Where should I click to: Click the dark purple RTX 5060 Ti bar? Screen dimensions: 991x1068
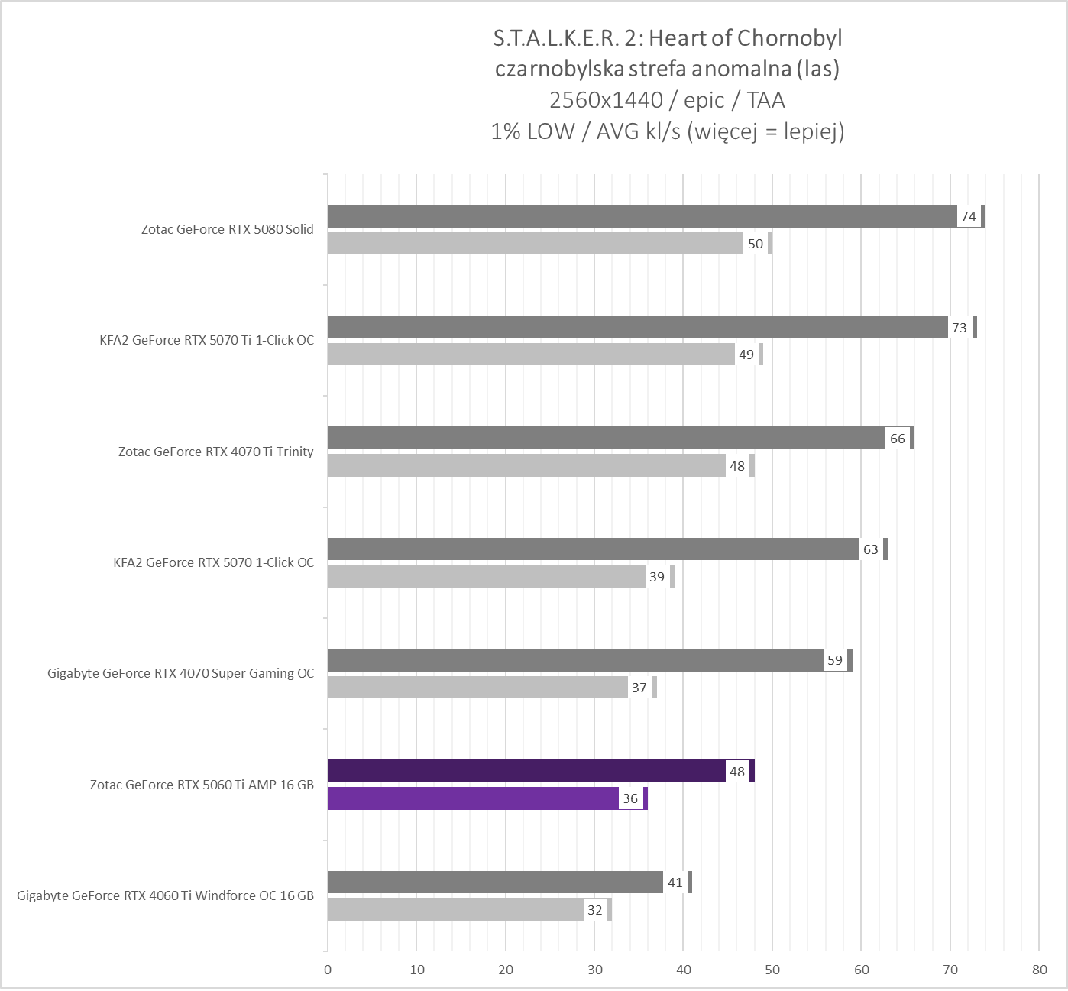(x=527, y=771)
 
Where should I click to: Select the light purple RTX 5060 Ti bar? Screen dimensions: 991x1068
(x=474, y=798)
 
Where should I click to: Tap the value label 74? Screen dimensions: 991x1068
(x=969, y=216)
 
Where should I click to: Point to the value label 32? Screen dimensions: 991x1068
(x=594, y=910)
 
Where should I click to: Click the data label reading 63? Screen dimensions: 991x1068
(x=870, y=549)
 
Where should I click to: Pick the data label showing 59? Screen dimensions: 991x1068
(x=835, y=660)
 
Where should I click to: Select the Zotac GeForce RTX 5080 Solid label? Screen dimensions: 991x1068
(x=227, y=229)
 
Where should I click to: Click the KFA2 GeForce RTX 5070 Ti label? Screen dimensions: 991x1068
(x=201, y=340)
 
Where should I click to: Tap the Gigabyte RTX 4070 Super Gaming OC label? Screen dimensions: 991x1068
(x=180, y=673)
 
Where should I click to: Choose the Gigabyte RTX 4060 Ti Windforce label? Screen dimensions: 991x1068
(x=165, y=895)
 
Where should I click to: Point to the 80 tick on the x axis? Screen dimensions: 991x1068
(x=1039, y=970)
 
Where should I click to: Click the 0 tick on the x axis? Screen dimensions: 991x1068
(x=328, y=970)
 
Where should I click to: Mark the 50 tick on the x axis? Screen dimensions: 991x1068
(x=772, y=970)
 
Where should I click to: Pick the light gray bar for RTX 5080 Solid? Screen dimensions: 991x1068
(x=535, y=244)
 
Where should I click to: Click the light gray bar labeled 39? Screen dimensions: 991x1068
(x=486, y=577)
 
